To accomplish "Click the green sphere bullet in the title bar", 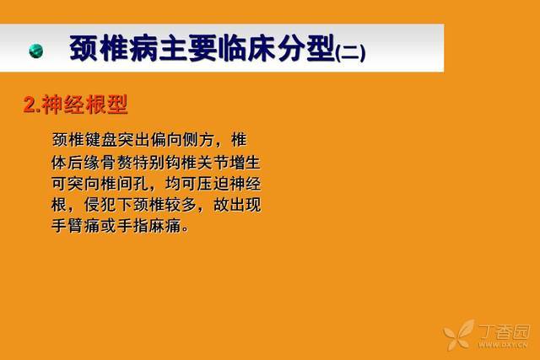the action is pos(36,51).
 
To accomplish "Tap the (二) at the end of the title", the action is pos(350,53).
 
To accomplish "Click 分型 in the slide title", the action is pos(307,48).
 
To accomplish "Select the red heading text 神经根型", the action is pos(85,105).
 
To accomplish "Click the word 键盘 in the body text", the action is pos(101,140).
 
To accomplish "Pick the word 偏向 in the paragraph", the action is pos(166,140).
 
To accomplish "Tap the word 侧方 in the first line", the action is pos(199,140).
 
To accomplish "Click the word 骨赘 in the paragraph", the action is pos(116,162).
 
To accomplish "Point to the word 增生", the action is pos(246,162).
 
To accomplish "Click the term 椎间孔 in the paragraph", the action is pos(125,184).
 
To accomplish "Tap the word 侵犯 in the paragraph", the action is pos(101,205).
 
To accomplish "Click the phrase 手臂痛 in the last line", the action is pos(76,226).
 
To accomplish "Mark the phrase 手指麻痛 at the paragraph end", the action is pos(149,226).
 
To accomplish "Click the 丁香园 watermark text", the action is pos(505,332).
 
